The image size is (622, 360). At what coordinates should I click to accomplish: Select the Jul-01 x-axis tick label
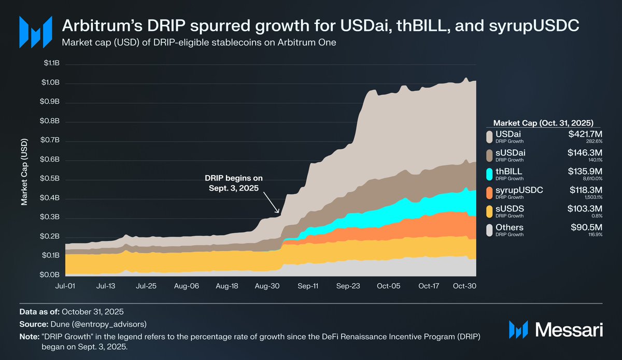pyautogui.click(x=66, y=285)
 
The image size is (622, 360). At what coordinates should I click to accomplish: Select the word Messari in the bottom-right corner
pyautogui.click(x=569, y=329)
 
